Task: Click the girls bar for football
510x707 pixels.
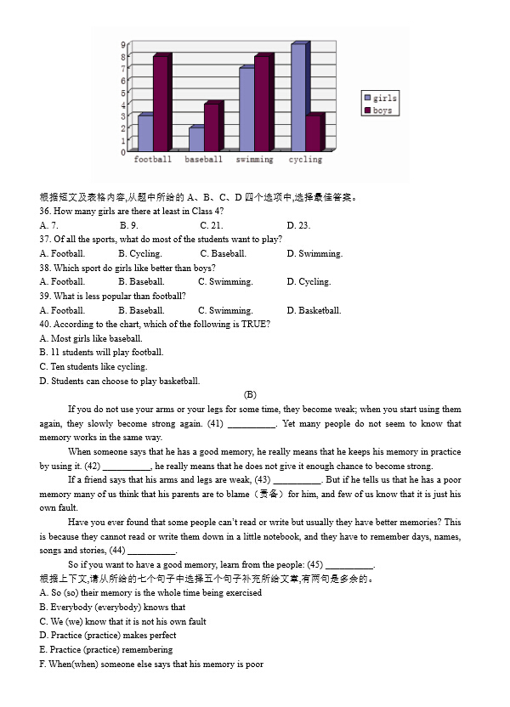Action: tap(144, 133)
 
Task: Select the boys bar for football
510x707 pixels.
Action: tap(161, 104)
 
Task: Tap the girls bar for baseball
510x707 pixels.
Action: tap(195, 139)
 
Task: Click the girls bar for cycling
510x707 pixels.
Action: tap(297, 98)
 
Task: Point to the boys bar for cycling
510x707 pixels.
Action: tap(313, 133)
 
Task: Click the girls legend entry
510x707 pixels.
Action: tap(379, 99)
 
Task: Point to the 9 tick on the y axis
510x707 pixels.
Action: tap(123, 44)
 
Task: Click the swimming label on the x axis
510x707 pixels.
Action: tap(254, 160)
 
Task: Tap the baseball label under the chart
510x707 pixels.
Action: tap(203, 160)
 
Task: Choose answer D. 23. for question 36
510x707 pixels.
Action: tap(298, 225)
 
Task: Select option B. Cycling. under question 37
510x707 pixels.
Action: tap(139, 253)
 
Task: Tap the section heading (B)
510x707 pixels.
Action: tap(250, 394)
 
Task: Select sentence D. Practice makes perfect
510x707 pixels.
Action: tap(108, 635)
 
